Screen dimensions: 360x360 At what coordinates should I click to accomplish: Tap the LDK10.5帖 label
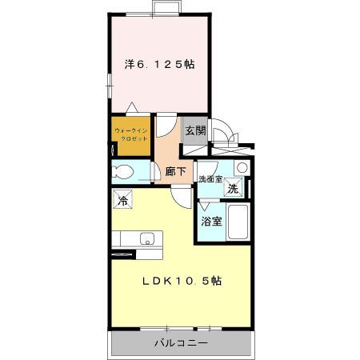pyautogui.click(x=182, y=282)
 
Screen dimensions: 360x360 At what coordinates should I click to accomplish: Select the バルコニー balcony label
pyautogui.click(x=182, y=343)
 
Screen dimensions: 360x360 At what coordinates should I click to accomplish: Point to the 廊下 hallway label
pyautogui.click(x=176, y=171)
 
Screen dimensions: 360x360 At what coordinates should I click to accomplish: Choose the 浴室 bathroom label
pyautogui.click(x=212, y=220)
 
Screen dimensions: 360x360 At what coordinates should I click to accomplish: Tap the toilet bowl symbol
pyautogui.click(x=124, y=171)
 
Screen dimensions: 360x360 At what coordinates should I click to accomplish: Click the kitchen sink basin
pyautogui.click(x=146, y=238)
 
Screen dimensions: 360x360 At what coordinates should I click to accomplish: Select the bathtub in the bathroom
pyautogui.click(x=238, y=221)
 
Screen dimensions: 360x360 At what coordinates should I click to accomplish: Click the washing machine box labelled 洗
pyautogui.click(x=232, y=190)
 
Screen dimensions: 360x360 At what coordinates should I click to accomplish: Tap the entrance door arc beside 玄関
pyautogui.click(x=225, y=132)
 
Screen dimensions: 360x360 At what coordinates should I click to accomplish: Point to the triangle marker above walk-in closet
pyautogui.click(x=133, y=108)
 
